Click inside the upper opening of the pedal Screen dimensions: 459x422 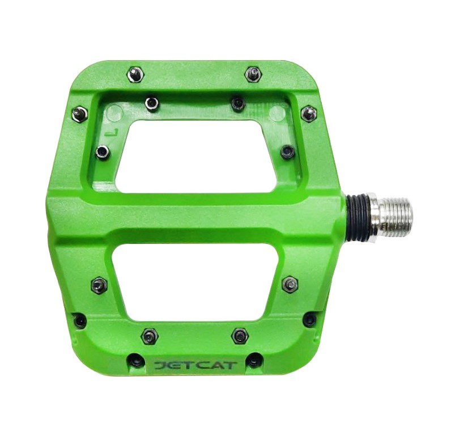tap(193, 155)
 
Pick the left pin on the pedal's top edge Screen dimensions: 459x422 tap(136, 74)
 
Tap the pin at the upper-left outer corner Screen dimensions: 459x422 tap(80, 114)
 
